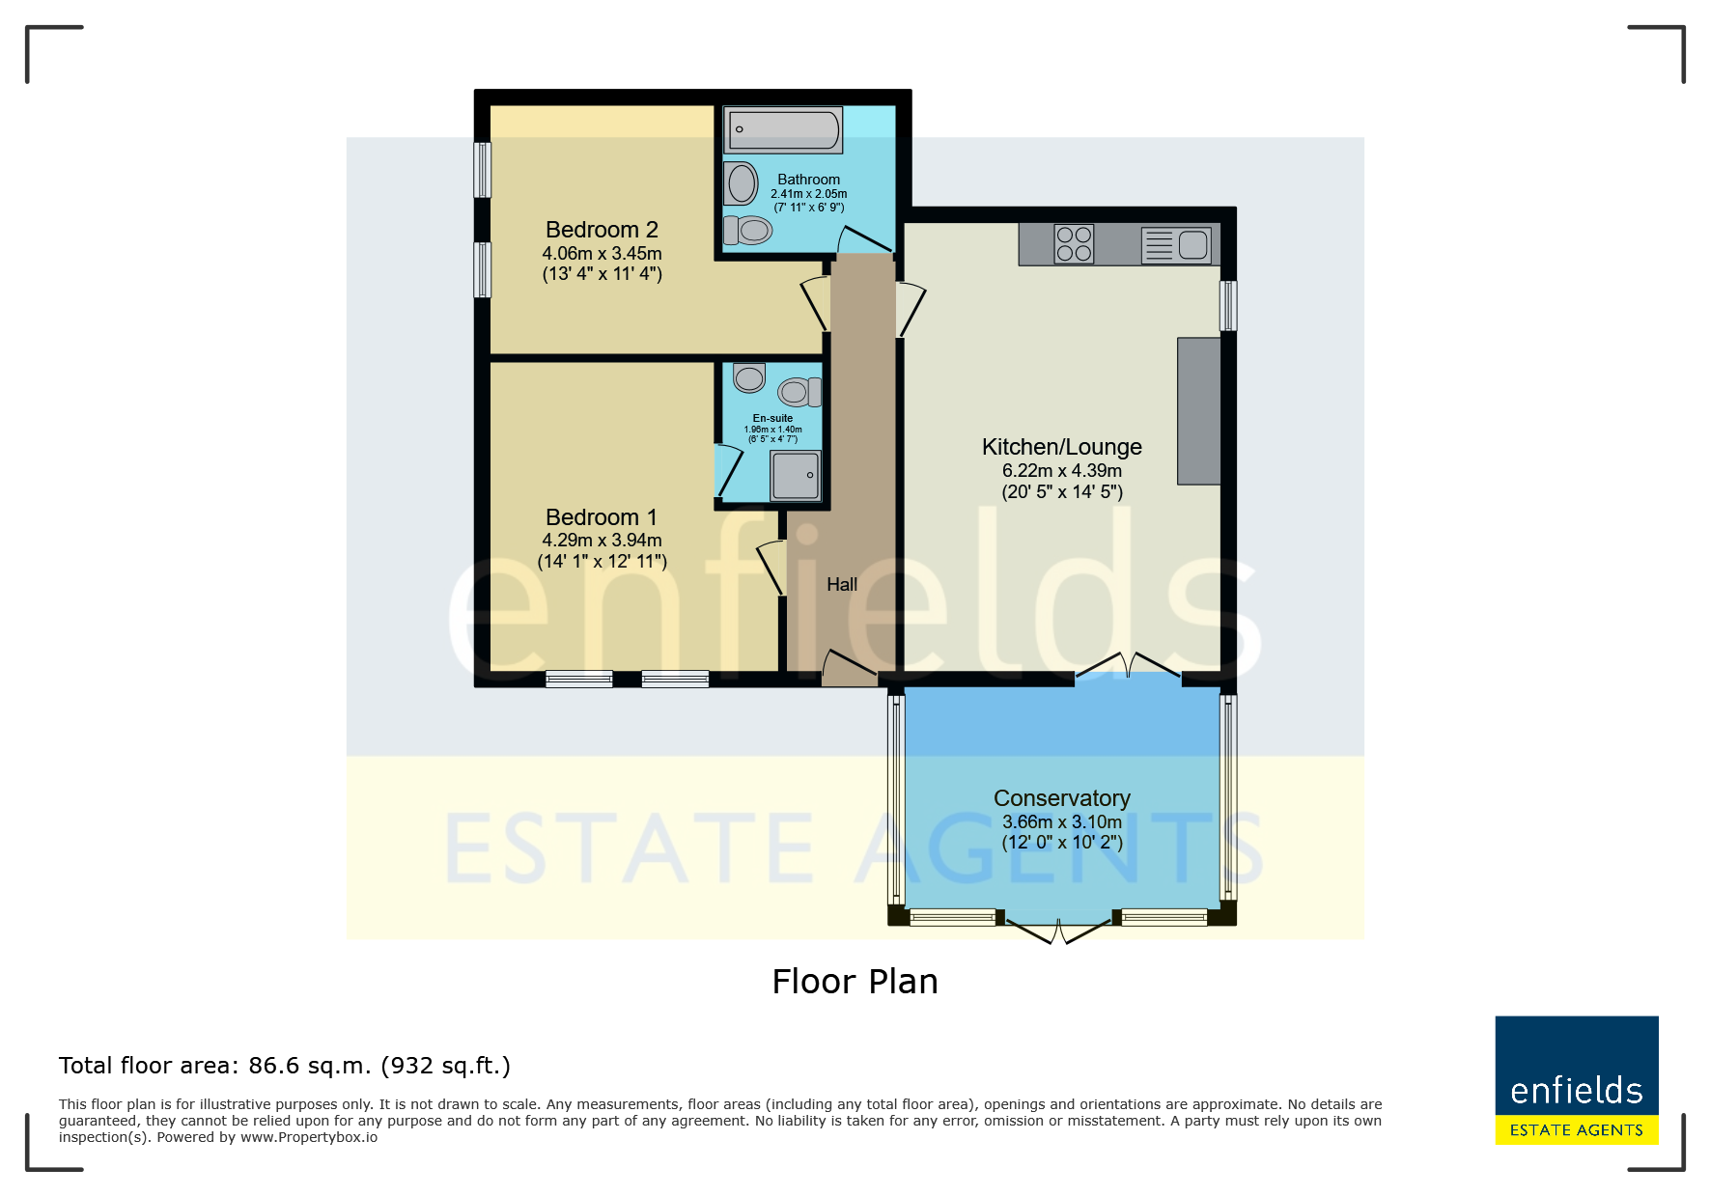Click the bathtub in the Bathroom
click(x=783, y=129)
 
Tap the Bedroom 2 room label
click(x=602, y=230)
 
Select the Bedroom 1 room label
click(x=602, y=517)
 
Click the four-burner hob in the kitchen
click(x=1074, y=244)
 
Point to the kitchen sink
click(x=1176, y=245)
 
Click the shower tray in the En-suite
click(x=796, y=476)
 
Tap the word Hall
click(x=842, y=585)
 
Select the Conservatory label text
click(x=1062, y=798)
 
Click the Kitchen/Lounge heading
click(x=1062, y=447)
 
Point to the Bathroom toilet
click(x=748, y=230)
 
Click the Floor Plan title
click(x=855, y=982)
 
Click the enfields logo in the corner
click(x=1577, y=1080)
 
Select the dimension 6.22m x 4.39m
click(x=1062, y=471)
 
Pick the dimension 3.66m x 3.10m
click(x=1062, y=822)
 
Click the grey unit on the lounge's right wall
click(x=1198, y=411)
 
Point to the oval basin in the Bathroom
click(x=742, y=183)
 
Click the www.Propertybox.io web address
click(x=309, y=1137)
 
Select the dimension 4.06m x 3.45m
click(x=602, y=254)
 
